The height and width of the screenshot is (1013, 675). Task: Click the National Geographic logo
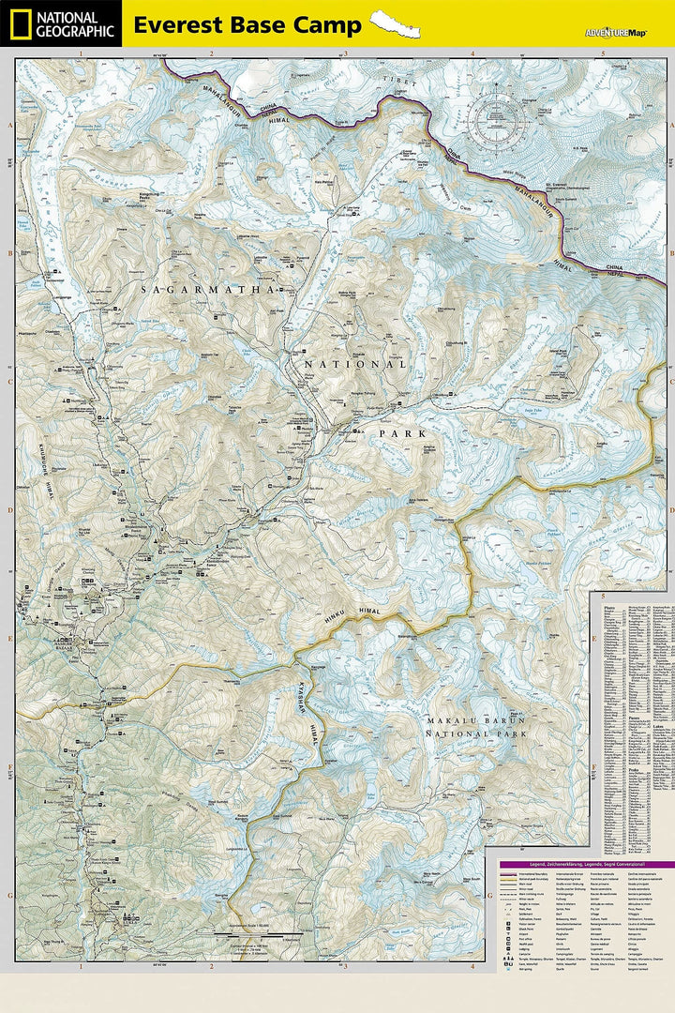point(61,23)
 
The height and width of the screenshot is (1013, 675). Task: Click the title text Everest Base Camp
point(247,25)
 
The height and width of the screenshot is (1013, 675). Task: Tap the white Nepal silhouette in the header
point(394,23)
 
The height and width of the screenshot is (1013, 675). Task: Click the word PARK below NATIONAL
point(402,433)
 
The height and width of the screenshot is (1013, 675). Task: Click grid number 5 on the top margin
point(602,54)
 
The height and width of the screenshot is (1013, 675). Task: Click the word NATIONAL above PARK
point(356,364)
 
